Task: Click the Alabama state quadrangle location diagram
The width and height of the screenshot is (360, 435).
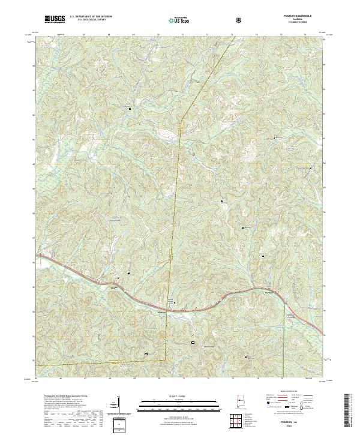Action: point(242,400)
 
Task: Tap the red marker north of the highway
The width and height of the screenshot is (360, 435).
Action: point(118,278)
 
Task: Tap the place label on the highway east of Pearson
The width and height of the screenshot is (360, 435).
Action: point(269,292)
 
